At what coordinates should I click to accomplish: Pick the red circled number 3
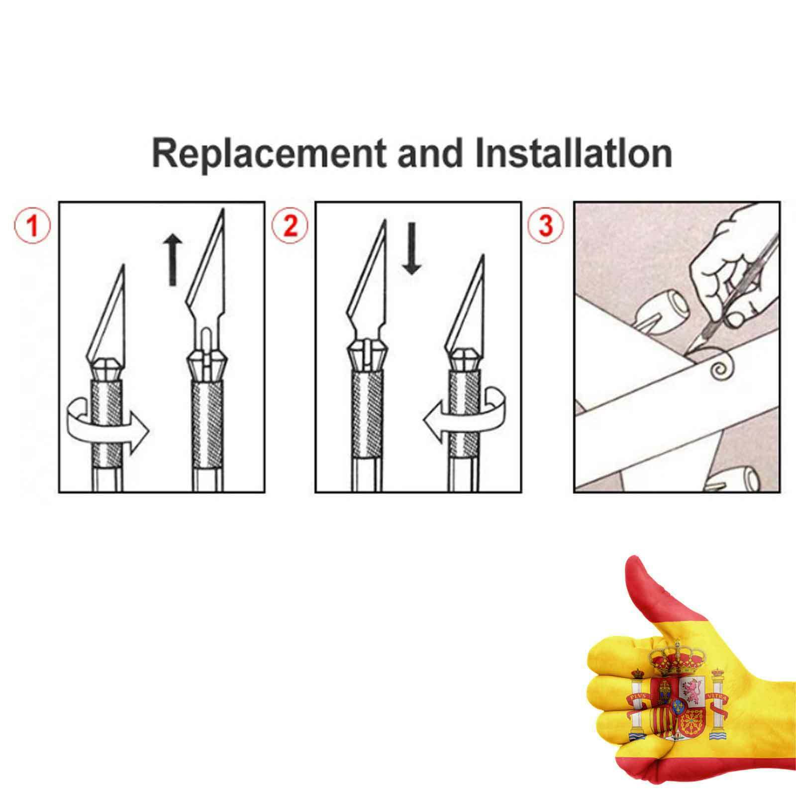[546, 225]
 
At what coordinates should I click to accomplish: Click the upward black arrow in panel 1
[173, 260]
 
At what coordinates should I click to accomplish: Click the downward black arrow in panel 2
[411, 248]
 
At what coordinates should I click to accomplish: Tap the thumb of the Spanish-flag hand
[642, 592]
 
